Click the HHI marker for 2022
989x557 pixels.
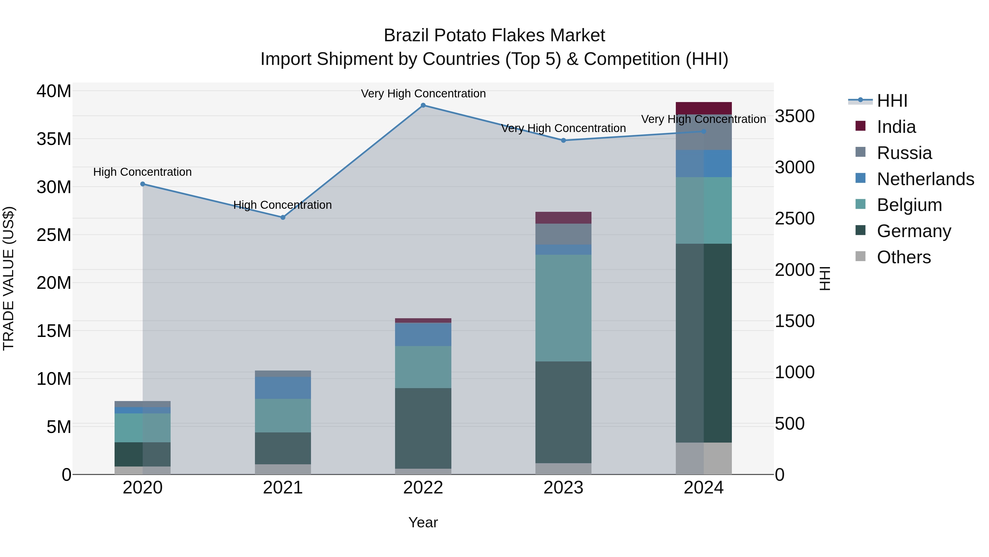423,105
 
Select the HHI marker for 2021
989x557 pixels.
283,218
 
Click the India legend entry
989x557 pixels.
896,127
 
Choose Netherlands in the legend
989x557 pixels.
925,179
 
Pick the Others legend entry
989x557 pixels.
904,257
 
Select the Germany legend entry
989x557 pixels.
914,231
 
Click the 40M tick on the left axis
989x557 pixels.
54,92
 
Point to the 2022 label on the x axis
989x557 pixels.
423,488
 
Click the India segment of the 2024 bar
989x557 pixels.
704,108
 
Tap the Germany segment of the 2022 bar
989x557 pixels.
423,428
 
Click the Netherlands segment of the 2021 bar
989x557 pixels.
283,388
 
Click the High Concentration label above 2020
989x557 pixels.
142,172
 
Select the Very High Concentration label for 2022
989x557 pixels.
423,94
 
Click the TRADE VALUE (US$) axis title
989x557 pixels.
9,279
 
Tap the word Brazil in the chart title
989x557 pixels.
407,36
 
